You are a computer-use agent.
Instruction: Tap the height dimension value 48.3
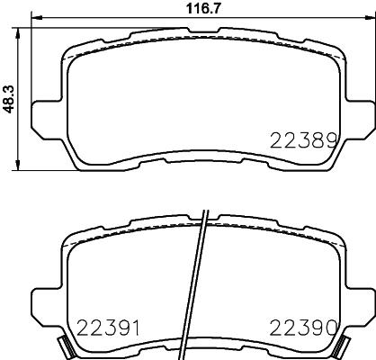(x=7, y=97)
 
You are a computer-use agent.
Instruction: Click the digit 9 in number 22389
(x=330, y=139)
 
